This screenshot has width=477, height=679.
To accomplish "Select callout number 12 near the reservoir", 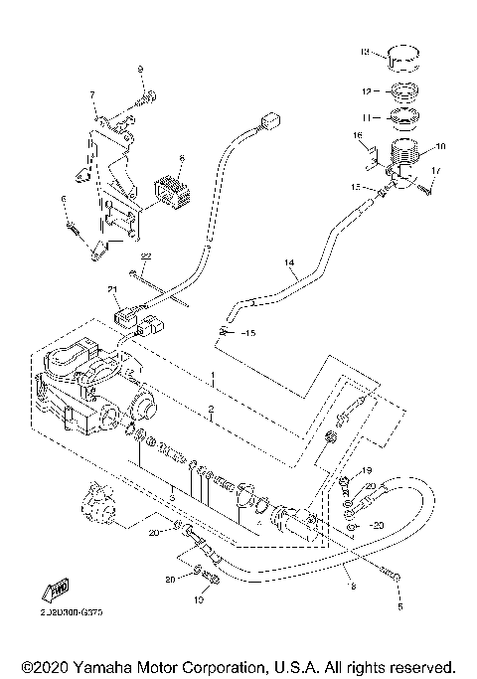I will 367,90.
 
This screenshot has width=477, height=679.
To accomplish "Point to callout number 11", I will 367,116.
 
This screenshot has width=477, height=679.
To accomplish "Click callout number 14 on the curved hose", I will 290,264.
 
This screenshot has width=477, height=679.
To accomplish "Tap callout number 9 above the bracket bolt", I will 140,69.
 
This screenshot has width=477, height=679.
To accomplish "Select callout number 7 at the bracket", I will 92,94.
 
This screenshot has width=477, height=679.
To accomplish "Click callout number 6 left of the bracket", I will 64,200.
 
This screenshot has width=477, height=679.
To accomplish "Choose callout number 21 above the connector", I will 113,289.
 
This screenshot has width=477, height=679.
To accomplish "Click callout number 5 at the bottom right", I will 401,604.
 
